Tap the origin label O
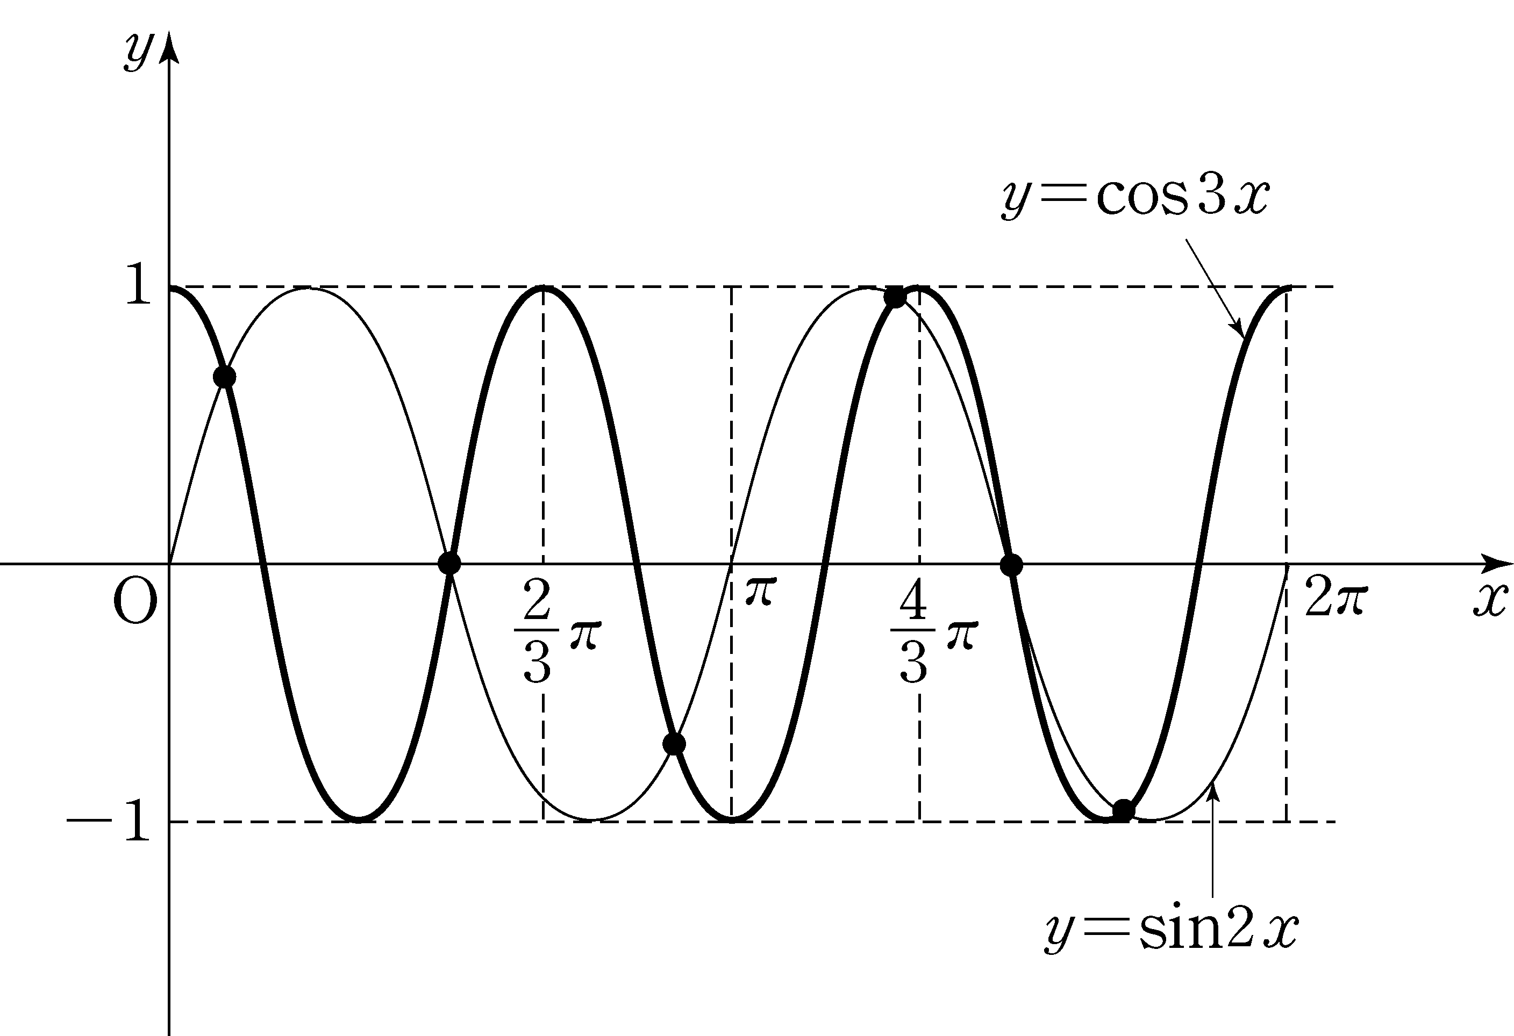pos(135,602)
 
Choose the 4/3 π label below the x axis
pos(933,631)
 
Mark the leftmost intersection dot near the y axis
pos(224,376)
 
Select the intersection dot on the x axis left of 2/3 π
pos(449,563)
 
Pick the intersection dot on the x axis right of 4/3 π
pos(1011,565)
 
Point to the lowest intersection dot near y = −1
pos(1123,810)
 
